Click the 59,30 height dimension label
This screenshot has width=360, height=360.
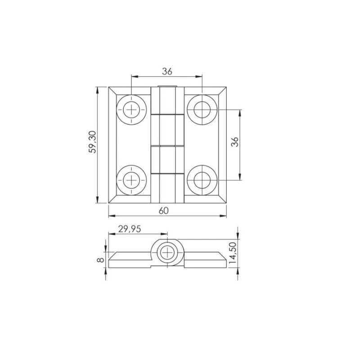93,142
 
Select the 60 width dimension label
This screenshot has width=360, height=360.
164,211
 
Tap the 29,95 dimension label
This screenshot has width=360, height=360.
130,229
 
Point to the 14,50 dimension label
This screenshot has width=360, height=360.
233,253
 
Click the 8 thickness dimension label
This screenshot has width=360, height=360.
100,260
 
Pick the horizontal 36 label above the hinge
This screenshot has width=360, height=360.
167,72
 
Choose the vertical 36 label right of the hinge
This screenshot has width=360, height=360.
235,142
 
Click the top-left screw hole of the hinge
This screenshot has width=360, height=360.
131,110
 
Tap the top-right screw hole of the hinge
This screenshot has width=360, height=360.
202,110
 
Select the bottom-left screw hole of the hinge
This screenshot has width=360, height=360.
131,180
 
